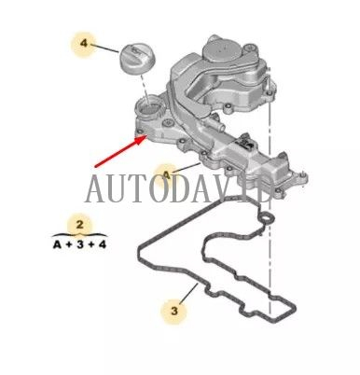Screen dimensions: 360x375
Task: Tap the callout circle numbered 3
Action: pyautogui.click(x=173, y=307)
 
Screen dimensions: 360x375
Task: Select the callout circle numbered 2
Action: pyautogui.click(x=80, y=224)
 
